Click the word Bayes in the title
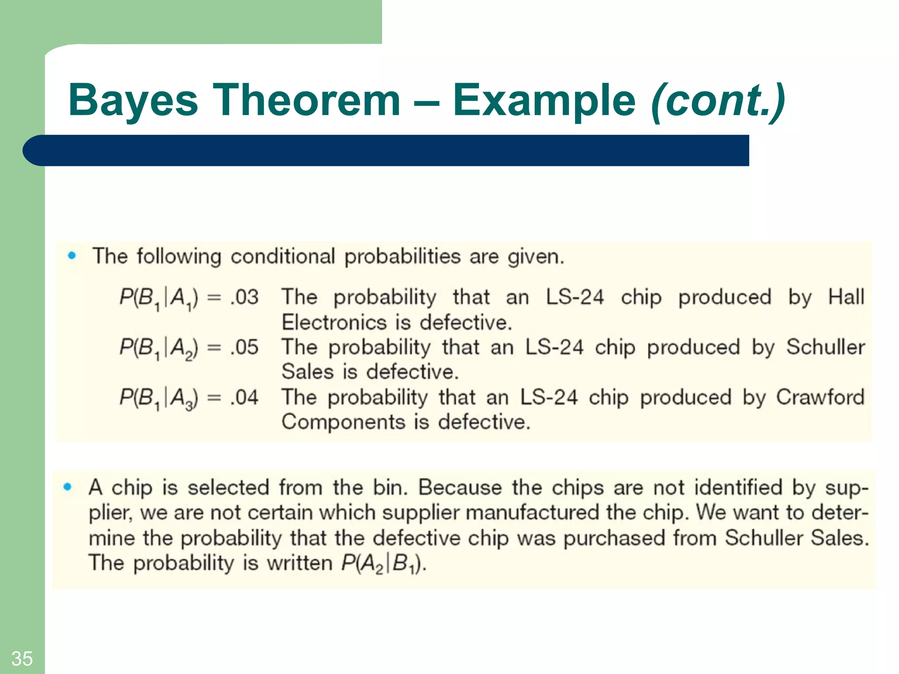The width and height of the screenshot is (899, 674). [133, 101]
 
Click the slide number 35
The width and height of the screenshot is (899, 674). [22, 659]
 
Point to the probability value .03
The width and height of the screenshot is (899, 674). [245, 298]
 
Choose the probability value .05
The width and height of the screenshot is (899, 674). [245, 348]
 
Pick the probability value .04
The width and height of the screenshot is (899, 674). [245, 398]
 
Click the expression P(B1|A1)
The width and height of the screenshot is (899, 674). [158, 298]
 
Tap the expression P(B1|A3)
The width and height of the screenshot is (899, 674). [158, 398]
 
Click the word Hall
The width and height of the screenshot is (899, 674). [846, 297]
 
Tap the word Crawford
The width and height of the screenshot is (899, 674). [820, 397]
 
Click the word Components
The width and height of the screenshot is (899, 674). [343, 422]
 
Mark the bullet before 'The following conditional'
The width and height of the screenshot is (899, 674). [72, 255]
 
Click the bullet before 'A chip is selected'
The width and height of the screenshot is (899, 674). [67, 486]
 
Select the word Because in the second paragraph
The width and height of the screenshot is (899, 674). [460, 487]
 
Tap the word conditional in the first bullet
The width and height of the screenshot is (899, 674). [283, 256]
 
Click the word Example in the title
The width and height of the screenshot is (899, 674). [544, 101]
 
